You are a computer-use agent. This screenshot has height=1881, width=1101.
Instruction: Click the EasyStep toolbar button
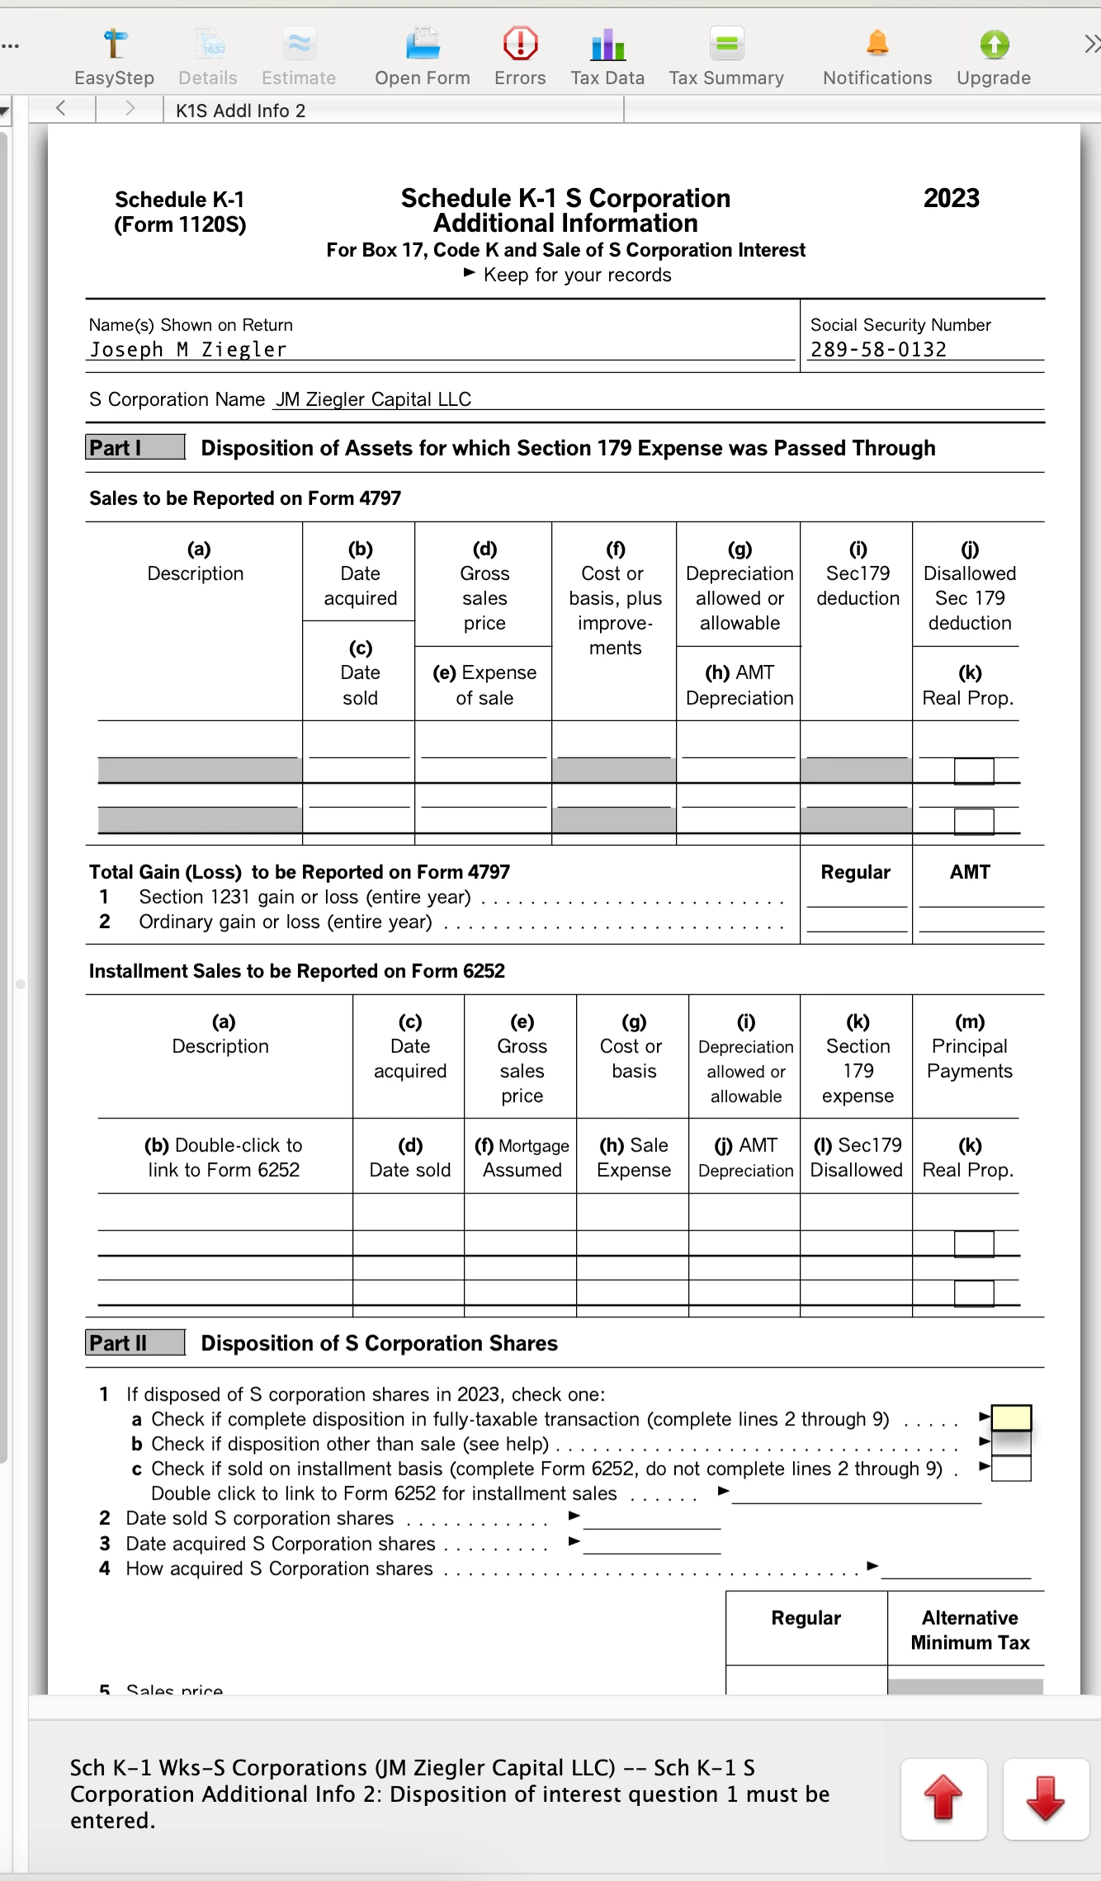click(114, 55)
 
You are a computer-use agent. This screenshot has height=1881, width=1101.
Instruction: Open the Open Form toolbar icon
click(422, 55)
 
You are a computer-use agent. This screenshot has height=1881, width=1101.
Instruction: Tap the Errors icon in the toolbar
click(520, 55)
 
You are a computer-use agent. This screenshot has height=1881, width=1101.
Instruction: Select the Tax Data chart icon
click(607, 55)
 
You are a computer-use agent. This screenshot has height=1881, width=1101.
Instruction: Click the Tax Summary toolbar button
click(726, 55)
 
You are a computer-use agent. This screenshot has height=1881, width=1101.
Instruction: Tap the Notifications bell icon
click(877, 55)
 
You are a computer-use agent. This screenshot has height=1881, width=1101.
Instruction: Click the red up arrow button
click(943, 1799)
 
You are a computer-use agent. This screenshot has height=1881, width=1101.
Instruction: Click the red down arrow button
click(1046, 1799)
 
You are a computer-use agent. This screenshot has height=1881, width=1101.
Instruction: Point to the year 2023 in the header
click(951, 198)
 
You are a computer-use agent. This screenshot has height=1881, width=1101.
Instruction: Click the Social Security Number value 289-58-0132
click(878, 350)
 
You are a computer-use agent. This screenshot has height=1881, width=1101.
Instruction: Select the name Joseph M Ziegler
click(188, 350)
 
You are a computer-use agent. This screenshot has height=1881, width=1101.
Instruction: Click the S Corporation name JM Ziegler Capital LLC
click(373, 399)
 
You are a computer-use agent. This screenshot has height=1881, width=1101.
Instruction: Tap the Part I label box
click(135, 447)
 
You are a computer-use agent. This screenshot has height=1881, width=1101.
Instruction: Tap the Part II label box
click(135, 1343)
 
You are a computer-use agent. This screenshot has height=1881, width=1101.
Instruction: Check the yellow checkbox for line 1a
click(1011, 1418)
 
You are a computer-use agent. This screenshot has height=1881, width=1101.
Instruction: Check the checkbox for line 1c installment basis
click(1011, 1468)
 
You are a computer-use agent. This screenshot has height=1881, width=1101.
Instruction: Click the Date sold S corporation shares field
click(652, 1519)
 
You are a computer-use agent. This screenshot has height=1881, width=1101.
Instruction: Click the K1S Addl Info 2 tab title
click(240, 111)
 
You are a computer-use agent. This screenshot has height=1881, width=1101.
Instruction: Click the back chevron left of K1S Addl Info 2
click(61, 108)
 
